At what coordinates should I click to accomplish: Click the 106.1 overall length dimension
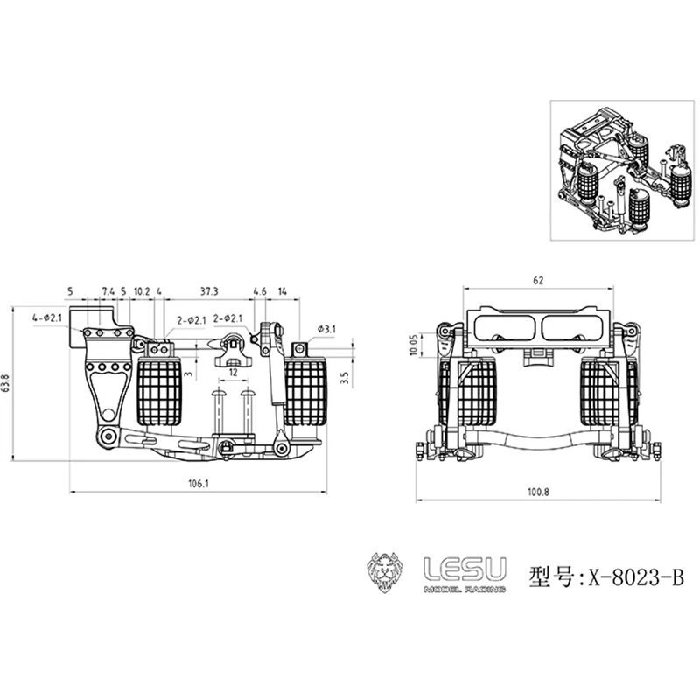[x=199, y=484]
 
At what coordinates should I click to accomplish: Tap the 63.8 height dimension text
[x=6, y=383]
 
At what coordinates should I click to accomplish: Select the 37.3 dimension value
[x=209, y=291]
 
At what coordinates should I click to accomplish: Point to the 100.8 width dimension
[x=538, y=493]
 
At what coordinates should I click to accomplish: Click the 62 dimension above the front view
[x=538, y=280]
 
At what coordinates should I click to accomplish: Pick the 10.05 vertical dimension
[x=413, y=345]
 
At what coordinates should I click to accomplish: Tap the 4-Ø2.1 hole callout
[x=47, y=318]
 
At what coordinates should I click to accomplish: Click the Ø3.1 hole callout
[x=326, y=330]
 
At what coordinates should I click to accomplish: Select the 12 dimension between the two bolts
[x=233, y=372]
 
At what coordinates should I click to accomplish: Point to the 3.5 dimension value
[x=345, y=378]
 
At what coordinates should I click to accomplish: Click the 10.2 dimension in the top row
[x=142, y=291]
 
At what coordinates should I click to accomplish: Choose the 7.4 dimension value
[x=108, y=291]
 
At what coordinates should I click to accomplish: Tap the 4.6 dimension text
[x=260, y=291]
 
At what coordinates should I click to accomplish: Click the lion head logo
[x=385, y=572]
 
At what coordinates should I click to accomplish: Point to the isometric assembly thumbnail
[x=622, y=170]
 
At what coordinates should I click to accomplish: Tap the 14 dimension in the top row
[x=283, y=291]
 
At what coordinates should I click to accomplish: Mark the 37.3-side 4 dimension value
[x=159, y=291]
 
